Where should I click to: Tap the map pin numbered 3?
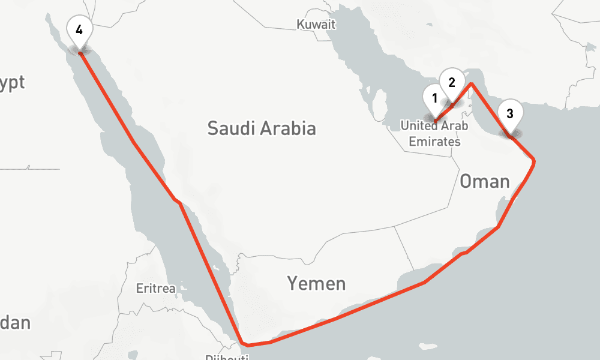(509, 113)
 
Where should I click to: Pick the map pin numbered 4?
(79, 29)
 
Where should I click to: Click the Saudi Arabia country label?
(262, 128)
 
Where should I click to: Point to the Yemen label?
(316, 283)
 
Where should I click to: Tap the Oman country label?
(485, 181)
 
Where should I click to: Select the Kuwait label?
(316, 25)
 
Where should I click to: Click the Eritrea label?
(155, 289)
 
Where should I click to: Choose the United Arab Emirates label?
(431, 134)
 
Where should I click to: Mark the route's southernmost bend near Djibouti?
(244, 345)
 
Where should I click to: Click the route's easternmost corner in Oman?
(533, 161)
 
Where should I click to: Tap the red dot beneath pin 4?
(80, 53)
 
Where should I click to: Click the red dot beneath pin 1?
(435, 121)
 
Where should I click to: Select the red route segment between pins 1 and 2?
(443, 113)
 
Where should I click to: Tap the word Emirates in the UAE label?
(434, 142)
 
